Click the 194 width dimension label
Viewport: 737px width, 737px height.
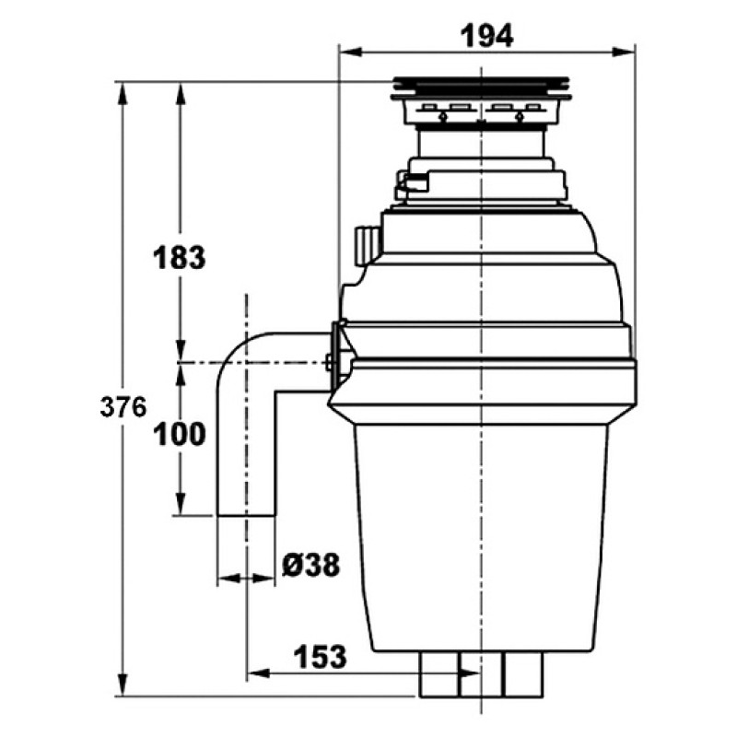[x=486, y=37]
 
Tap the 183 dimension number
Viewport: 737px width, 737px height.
[x=180, y=258]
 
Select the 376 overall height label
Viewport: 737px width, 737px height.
[x=123, y=407]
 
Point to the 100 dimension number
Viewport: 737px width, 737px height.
[x=180, y=434]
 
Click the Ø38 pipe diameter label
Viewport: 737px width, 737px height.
[x=311, y=565]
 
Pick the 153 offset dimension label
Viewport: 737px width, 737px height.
[x=320, y=657]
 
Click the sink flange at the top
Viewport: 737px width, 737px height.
[x=481, y=88]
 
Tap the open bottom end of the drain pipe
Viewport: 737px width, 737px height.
[x=246, y=516]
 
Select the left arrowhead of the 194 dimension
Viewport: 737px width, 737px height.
[x=350, y=52]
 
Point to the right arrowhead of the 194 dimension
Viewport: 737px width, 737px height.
[x=624, y=52]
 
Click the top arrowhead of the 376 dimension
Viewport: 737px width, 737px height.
[x=123, y=94]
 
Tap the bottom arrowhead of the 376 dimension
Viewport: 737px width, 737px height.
[x=123, y=684]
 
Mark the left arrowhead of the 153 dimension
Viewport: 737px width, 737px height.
[x=259, y=673]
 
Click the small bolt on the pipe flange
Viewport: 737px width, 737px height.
[x=329, y=362]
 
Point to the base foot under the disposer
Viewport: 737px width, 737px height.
[x=481, y=674]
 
